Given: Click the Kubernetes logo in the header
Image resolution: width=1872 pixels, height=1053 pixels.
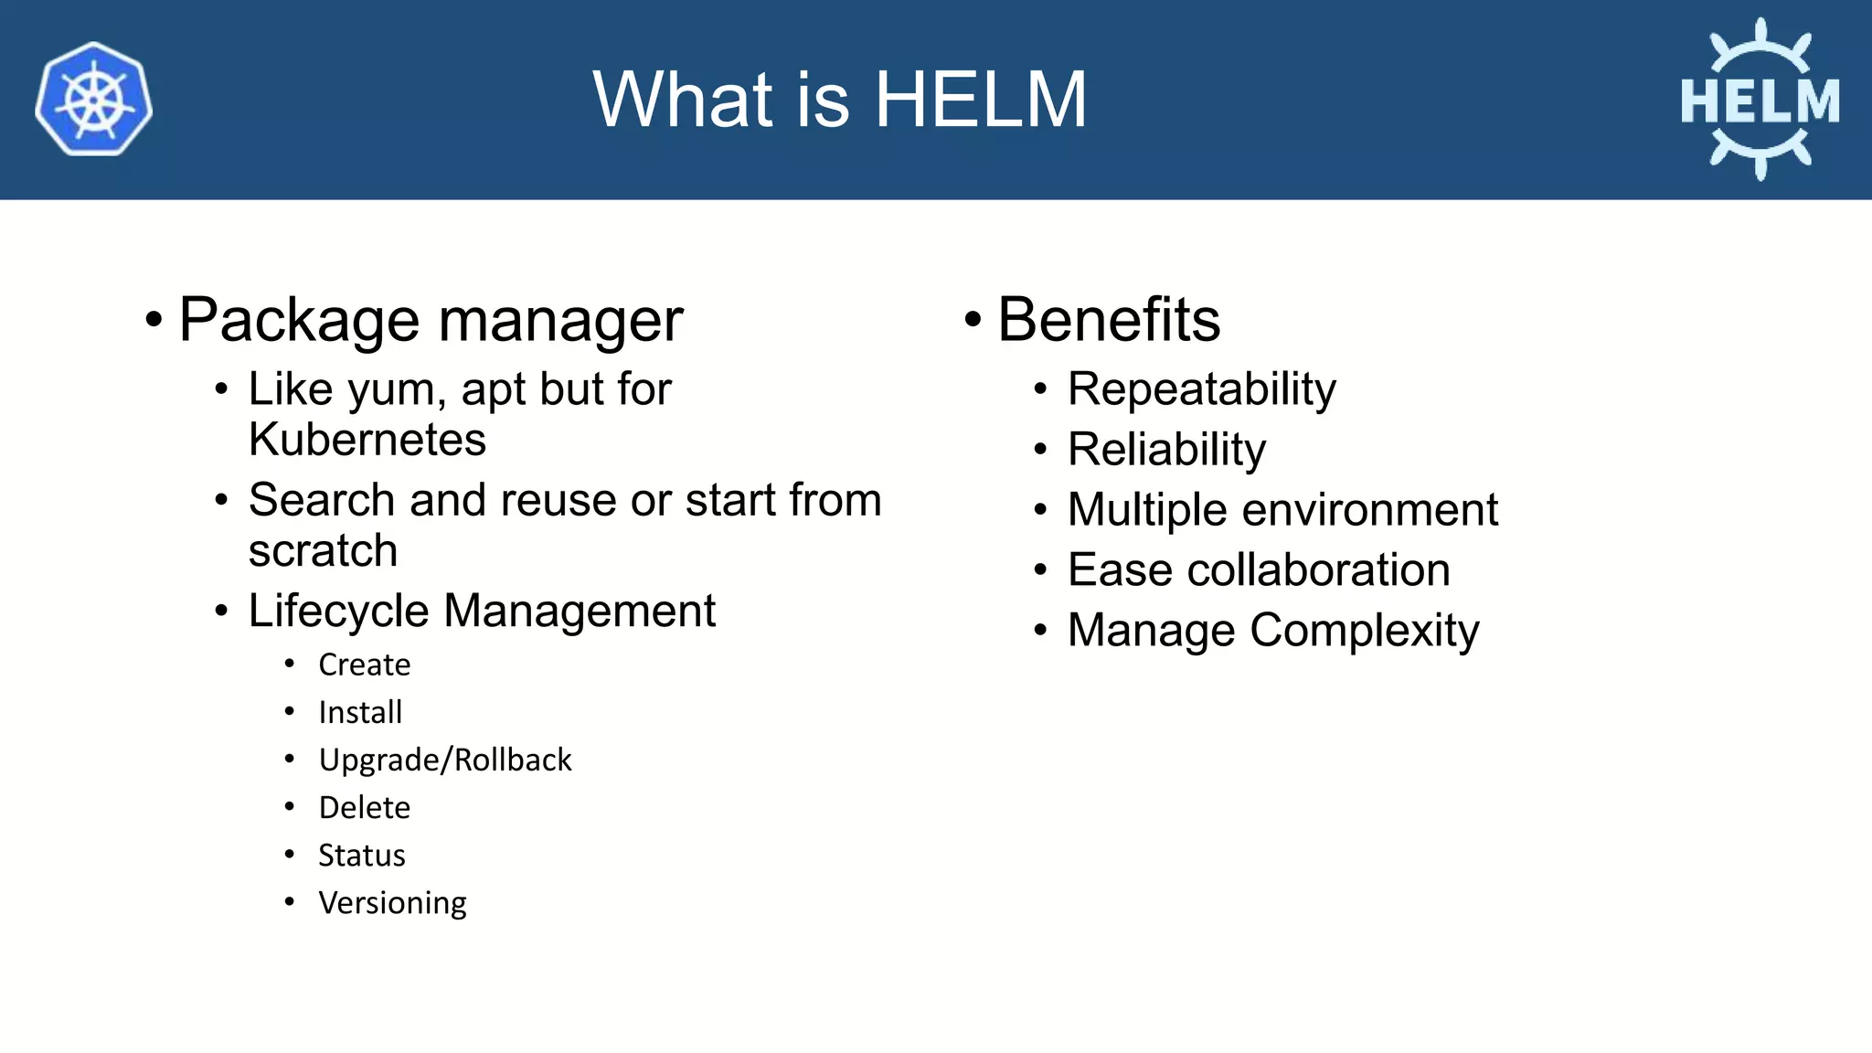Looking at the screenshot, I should pyautogui.click(x=93, y=99).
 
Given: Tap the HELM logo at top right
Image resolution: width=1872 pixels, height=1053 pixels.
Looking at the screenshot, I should pyautogui.click(x=1760, y=99).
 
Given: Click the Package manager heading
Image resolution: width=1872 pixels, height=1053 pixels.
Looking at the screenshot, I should pyautogui.click(x=431, y=320).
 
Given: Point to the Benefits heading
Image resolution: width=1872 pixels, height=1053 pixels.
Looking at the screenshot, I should pyautogui.click(x=1109, y=320).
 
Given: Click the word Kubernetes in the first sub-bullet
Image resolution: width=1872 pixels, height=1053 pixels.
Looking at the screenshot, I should pyautogui.click(x=367, y=440).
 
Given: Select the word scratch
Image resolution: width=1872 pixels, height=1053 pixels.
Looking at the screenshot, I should pyautogui.click(x=323, y=550).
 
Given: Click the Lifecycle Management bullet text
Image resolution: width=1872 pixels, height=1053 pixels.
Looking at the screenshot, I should pyautogui.click(x=482, y=611).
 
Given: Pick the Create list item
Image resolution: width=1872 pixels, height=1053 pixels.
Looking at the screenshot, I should pyautogui.click(x=364, y=665).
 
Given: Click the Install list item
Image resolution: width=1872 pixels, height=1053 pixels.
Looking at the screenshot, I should pyautogui.click(x=360, y=712).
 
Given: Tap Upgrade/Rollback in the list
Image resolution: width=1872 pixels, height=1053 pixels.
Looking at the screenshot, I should pyautogui.click(x=445, y=760).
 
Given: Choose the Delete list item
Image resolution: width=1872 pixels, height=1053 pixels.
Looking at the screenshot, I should pyautogui.click(x=364, y=808).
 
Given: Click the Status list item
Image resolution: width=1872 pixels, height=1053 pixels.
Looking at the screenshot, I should pyautogui.click(x=361, y=856).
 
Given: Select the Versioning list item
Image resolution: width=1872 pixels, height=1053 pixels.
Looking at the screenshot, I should pyautogui.click(x=392, y=903).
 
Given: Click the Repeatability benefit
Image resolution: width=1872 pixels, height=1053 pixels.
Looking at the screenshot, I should pyautogui.click(x=1201, y=390).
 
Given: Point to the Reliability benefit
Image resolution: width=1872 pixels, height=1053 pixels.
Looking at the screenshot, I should pyautogui.click(x=1166, y=450).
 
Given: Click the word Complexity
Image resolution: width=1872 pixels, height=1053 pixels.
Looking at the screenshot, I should pyautogui.click(x=1364, y=631).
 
